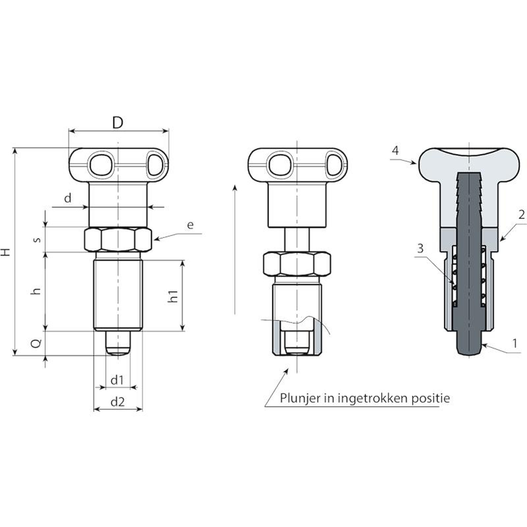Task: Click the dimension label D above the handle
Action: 118,123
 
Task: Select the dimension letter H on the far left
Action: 6,252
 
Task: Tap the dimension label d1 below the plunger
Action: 117,380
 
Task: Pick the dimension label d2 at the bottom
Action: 118,402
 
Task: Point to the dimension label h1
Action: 173,296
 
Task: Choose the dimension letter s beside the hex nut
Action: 38,239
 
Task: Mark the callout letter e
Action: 190,225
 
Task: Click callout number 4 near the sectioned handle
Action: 395,151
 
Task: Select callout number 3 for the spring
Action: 420,248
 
